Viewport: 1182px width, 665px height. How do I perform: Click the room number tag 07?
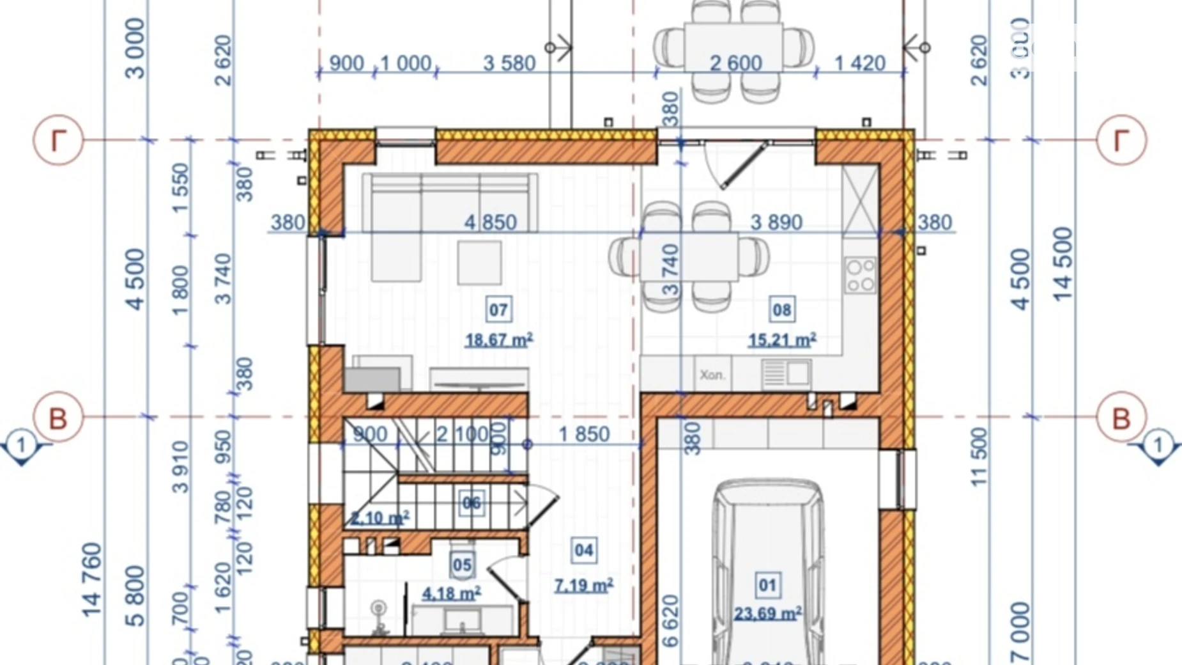coord(498,310)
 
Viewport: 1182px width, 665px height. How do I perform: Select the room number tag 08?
coord(782,310)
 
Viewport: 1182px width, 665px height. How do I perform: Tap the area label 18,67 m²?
coord(499,340)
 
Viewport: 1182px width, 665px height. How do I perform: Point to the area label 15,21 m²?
coord(782,340)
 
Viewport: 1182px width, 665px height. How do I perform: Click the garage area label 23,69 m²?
coord(768,614)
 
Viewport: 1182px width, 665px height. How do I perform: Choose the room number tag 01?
coord(767,585)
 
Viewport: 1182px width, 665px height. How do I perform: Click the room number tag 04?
coord(583,551)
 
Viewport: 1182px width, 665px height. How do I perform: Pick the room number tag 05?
coord(462,565)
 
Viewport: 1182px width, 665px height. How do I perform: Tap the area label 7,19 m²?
coord(583,585)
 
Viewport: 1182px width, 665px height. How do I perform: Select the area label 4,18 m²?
coord(451,593)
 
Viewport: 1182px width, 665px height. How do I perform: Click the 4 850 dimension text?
coord(490,223)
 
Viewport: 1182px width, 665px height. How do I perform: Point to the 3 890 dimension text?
coord(776,223)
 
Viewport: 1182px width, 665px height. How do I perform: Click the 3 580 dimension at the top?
coord(509,63)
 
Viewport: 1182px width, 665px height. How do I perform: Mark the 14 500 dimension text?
coord(1062,264)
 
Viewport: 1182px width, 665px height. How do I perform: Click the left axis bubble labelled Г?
coord(58,140)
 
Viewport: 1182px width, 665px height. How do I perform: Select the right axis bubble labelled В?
coord(1121,418)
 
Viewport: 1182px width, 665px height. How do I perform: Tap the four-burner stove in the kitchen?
coord(860,275)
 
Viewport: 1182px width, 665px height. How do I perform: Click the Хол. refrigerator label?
coord(712,375)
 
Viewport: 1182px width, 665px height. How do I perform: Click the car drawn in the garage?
coord(767,569)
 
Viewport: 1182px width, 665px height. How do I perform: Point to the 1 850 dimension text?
coord(583,434)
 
